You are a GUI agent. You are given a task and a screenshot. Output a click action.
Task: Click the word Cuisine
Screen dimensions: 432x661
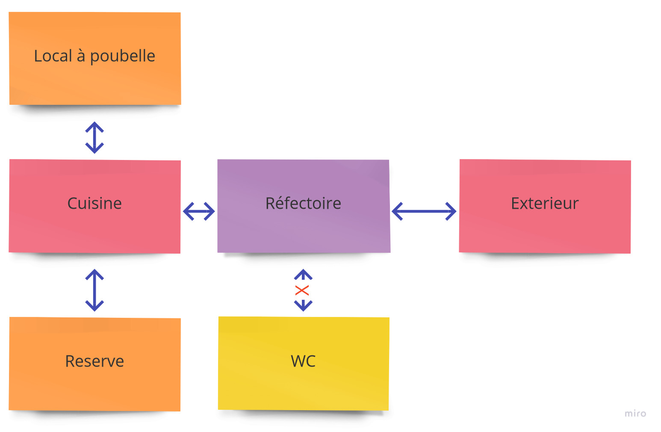[94, 203]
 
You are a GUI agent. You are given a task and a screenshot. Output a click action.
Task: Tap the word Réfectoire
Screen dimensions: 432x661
[303, 203]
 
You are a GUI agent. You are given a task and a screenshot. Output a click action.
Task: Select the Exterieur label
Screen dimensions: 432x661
[544, 203]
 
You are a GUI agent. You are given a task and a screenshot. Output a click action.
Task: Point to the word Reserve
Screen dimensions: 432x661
[94, 361]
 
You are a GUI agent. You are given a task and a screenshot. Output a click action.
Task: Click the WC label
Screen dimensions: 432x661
[303, 361]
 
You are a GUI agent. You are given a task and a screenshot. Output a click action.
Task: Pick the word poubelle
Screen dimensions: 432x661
[122, 56]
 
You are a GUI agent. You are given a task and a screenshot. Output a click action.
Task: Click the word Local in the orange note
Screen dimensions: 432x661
[53, 56]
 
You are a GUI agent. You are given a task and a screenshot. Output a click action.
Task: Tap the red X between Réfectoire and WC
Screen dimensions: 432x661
[302, 290]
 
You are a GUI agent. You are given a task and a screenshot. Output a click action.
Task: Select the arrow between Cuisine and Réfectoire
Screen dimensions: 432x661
[199, 211]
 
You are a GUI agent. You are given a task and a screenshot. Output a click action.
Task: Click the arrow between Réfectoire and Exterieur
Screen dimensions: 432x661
[424, 211]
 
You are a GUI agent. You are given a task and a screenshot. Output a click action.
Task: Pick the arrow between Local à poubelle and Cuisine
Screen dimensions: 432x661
[94, 138]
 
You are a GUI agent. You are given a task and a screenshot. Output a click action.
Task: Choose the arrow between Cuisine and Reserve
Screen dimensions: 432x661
[94, 290]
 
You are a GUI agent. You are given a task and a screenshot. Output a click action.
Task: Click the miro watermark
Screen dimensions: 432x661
[635, 414]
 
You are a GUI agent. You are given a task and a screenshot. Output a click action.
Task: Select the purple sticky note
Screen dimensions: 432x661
[303, 231]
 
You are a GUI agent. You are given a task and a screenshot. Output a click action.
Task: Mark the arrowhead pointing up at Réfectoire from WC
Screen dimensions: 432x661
[303, 274]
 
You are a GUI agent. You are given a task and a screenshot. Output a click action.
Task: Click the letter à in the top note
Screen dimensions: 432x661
[81, 56]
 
